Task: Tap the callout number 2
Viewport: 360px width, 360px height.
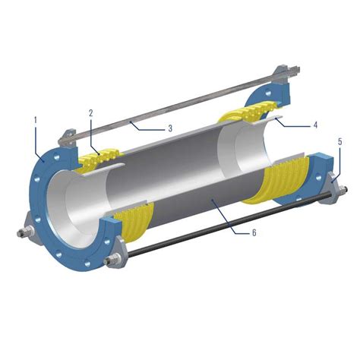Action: pos(90,113)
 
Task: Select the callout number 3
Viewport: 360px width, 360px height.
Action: pos(171,128)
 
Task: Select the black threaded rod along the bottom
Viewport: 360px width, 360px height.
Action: pos(228,220)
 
